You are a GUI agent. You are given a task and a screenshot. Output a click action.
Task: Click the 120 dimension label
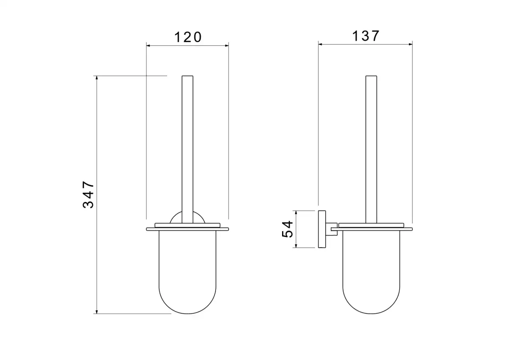pos(188,37)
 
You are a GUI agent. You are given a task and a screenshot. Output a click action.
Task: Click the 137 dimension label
pos(366,36)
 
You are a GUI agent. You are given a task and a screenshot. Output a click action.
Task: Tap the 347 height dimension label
pos(88,195)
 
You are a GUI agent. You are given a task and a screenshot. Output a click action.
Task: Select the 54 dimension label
pos(288,229)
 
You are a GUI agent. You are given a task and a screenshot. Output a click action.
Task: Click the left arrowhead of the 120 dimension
pos(148,46)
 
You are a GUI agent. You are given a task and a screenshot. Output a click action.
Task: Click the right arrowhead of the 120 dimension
pos(227,46)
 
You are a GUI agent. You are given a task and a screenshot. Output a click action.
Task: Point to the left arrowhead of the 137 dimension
pos(320,44)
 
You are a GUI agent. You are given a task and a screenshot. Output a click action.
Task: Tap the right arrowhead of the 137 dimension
pos(411,44)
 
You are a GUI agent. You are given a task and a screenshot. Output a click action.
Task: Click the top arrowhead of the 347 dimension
pos(97,78)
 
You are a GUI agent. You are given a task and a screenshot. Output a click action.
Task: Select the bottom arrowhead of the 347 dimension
pos(97,312)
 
